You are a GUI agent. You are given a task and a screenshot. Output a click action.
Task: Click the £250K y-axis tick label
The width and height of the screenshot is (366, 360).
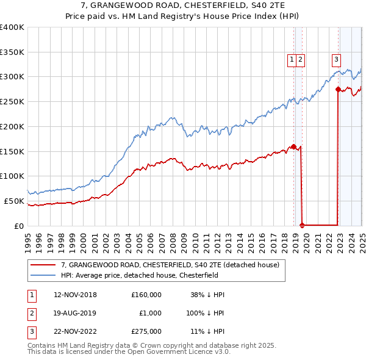12,101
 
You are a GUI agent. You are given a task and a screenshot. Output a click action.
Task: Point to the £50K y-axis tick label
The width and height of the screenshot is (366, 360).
14,201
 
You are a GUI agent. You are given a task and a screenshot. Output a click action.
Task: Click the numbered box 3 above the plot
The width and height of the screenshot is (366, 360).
336,59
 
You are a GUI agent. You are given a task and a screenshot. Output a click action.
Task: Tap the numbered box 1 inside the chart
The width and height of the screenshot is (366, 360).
292,59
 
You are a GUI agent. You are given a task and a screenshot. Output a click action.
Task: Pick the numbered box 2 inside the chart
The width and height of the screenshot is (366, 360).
301,59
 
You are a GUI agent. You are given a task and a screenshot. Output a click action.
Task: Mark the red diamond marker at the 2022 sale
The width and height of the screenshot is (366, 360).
338,89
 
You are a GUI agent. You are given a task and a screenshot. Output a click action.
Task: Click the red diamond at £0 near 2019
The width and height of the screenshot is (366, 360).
303,225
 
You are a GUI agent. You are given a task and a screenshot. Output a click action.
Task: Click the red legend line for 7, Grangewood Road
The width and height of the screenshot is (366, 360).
42,265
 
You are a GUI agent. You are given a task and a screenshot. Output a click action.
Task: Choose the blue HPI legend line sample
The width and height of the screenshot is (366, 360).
42,275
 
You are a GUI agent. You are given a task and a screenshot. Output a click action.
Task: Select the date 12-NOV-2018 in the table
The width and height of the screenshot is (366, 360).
76,295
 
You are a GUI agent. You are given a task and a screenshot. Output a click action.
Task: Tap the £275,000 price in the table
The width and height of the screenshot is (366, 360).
146,332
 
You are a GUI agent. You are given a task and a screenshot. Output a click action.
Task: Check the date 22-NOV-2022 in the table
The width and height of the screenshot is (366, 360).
76,332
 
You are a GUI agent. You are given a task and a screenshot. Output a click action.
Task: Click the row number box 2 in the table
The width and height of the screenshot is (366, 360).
30,314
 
